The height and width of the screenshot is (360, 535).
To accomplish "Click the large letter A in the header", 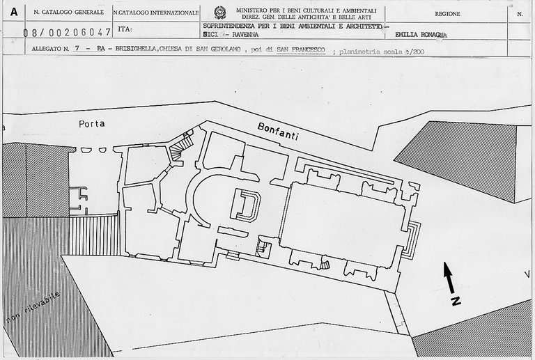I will tap(13, 11).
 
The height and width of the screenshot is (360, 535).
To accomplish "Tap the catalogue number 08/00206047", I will tap(67, 32).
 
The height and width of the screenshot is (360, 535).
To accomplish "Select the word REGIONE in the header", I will tap(447, 13).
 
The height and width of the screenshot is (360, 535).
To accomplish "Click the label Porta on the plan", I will tap(92, 123).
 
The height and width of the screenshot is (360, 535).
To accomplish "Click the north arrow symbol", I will tap(450, 276).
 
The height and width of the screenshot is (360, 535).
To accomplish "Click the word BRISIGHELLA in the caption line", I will tap(137, 49).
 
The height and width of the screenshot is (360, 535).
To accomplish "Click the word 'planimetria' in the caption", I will tap(359, 50).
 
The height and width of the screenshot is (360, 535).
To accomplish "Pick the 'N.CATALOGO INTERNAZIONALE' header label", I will tap(151, 13).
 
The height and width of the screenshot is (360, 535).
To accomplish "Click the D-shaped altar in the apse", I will tap(246, 204).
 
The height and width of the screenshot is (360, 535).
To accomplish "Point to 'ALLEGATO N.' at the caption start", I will tap(51, 49).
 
